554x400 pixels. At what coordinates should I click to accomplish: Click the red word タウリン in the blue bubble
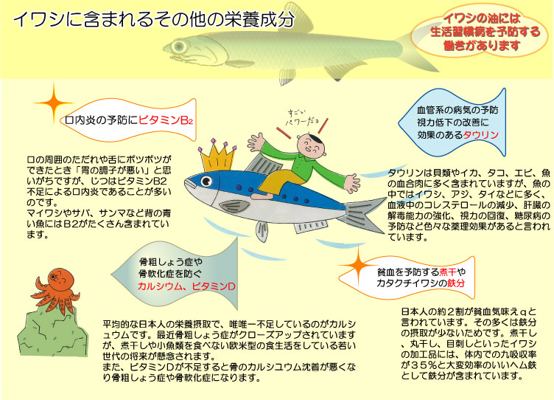pos(480,135)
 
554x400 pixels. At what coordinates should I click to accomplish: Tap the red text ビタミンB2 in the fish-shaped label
pos(166,120)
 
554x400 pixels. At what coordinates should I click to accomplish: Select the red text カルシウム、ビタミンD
pos(186,286)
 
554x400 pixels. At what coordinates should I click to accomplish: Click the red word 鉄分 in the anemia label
pos(456,283)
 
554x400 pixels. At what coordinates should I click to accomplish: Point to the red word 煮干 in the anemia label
pos(448,272)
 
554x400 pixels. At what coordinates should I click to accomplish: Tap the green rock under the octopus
pos(52,331)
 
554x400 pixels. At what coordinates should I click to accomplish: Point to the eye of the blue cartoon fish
pos(206,182)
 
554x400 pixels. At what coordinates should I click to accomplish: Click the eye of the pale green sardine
pos(179,46)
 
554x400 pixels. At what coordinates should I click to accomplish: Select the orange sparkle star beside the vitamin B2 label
pos(54,103)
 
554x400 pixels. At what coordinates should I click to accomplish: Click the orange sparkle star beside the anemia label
pos(359,266)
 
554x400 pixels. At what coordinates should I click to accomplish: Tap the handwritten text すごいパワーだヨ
pos(303,118)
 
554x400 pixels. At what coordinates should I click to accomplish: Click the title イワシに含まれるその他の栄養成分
pos(154,19)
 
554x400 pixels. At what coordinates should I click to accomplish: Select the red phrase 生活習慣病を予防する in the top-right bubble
pos(485,32)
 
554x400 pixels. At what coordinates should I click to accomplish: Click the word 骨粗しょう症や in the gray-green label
pos(171,262)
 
